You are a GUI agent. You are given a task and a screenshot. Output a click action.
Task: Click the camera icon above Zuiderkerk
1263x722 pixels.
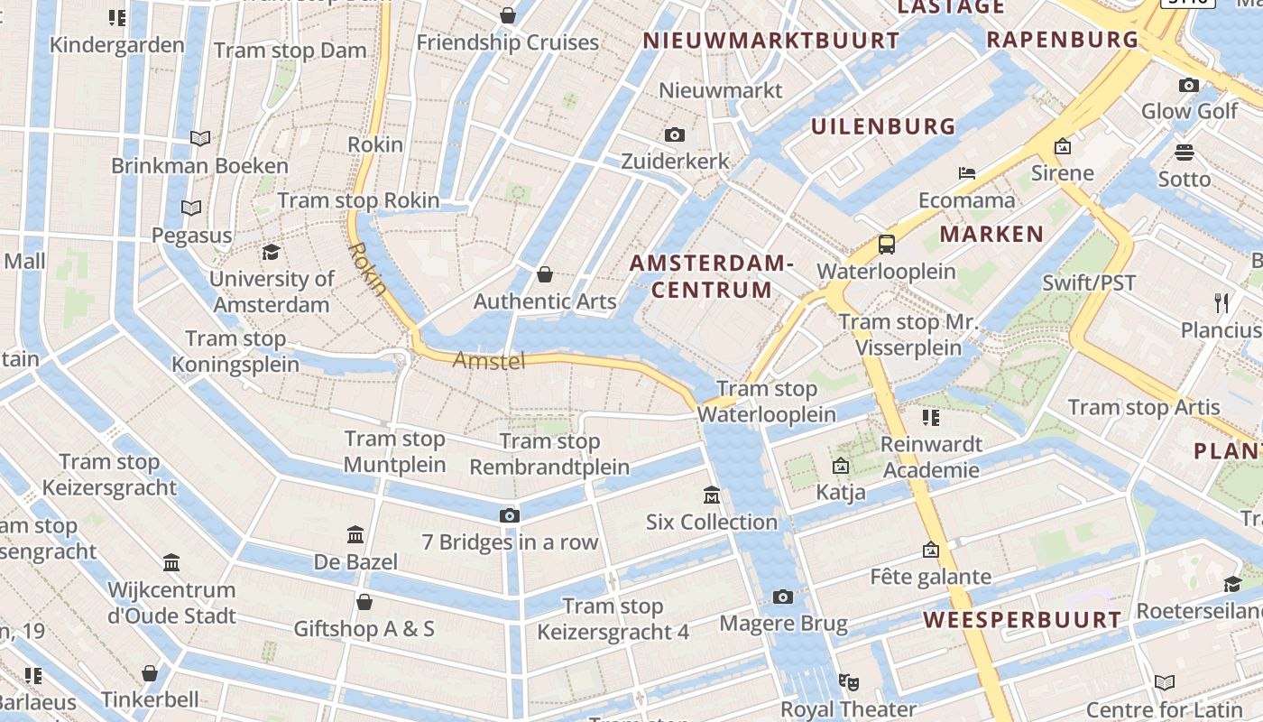click(674, 135)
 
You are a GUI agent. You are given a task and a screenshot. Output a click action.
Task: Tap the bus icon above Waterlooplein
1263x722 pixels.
click(887, 245)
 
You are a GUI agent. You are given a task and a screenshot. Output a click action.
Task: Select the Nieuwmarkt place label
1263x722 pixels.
click(721, 90)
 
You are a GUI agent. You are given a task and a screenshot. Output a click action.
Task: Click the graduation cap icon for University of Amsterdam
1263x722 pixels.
click(271, 252)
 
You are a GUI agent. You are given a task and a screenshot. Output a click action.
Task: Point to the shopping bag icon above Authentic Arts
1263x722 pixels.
click(545, 274)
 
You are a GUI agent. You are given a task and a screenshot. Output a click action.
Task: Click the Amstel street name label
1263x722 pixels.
click(489, 361)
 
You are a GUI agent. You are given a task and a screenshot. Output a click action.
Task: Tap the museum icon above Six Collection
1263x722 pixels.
click(712, 495)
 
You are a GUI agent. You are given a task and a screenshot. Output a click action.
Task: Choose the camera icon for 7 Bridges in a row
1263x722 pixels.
click(510, 515)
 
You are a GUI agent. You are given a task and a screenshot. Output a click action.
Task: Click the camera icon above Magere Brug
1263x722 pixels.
click(783, 597)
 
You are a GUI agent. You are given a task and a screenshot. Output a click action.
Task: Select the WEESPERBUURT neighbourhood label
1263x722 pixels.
click(1022, 620)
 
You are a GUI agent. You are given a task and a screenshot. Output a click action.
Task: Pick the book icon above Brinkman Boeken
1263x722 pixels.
click(200, 138)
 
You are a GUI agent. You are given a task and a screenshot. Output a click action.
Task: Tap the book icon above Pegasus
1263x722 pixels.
click(191, 208)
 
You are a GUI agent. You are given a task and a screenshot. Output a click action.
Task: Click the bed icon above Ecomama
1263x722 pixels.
click(967, 172)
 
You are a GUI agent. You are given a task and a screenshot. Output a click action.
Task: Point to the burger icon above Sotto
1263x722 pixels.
click(1185, 152)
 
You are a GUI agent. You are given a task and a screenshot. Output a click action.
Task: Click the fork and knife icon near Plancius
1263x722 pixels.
click(1222, 302)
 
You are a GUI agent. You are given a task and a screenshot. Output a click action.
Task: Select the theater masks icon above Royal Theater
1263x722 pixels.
click(847, 681)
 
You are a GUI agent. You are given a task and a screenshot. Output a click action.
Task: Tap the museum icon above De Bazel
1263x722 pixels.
click(355, 535)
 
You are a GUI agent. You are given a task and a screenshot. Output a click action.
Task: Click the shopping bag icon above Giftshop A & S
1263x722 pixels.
click(364, 602)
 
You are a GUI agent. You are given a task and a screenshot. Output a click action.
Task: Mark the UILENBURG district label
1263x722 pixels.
click(882, 126)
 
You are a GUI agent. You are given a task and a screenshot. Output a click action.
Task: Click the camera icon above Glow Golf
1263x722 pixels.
click(1189, 85)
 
